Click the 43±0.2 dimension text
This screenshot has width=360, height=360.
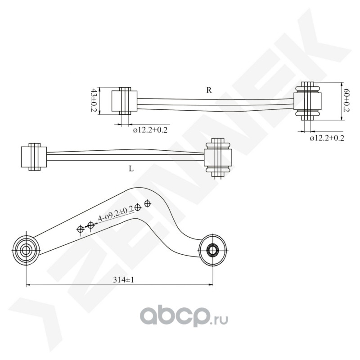94,100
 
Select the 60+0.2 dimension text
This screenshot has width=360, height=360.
346,101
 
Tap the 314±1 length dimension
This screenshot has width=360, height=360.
123,279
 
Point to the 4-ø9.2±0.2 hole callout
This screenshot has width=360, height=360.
116,213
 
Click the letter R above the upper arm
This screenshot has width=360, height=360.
209,90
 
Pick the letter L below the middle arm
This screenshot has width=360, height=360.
131,169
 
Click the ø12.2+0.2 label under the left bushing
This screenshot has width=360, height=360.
150,130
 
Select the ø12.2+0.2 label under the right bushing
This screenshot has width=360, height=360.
327,138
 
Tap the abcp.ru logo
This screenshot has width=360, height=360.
184,316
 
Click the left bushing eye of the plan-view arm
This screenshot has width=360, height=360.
26,250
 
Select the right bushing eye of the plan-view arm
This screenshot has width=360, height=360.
212,250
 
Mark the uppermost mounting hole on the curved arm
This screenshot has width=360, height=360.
148,203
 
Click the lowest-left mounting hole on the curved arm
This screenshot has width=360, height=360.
81,229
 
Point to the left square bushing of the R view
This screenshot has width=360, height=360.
125,101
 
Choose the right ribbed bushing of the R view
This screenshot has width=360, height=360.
307,101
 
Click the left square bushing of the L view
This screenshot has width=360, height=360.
34,157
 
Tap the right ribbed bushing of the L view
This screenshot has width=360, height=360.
218,157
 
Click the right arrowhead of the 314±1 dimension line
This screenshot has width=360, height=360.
210,285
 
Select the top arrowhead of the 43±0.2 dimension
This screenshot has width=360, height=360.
99,90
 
